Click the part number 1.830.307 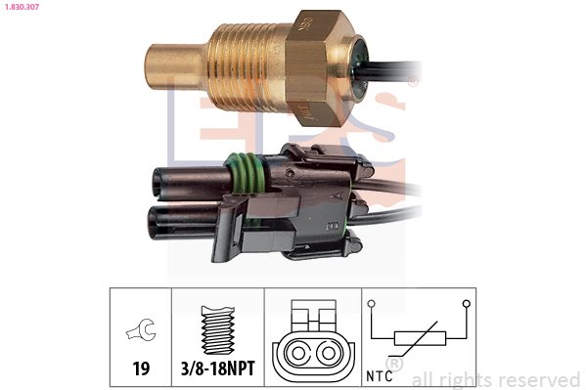tap(22, 6)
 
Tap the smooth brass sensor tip tap(177, 66)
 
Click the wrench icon tap(141, 329)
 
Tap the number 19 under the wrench tap(141, 368)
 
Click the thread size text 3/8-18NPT tap(218, 368)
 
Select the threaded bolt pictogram tap(218, 329)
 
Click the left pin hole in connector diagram tap(297, 353)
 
